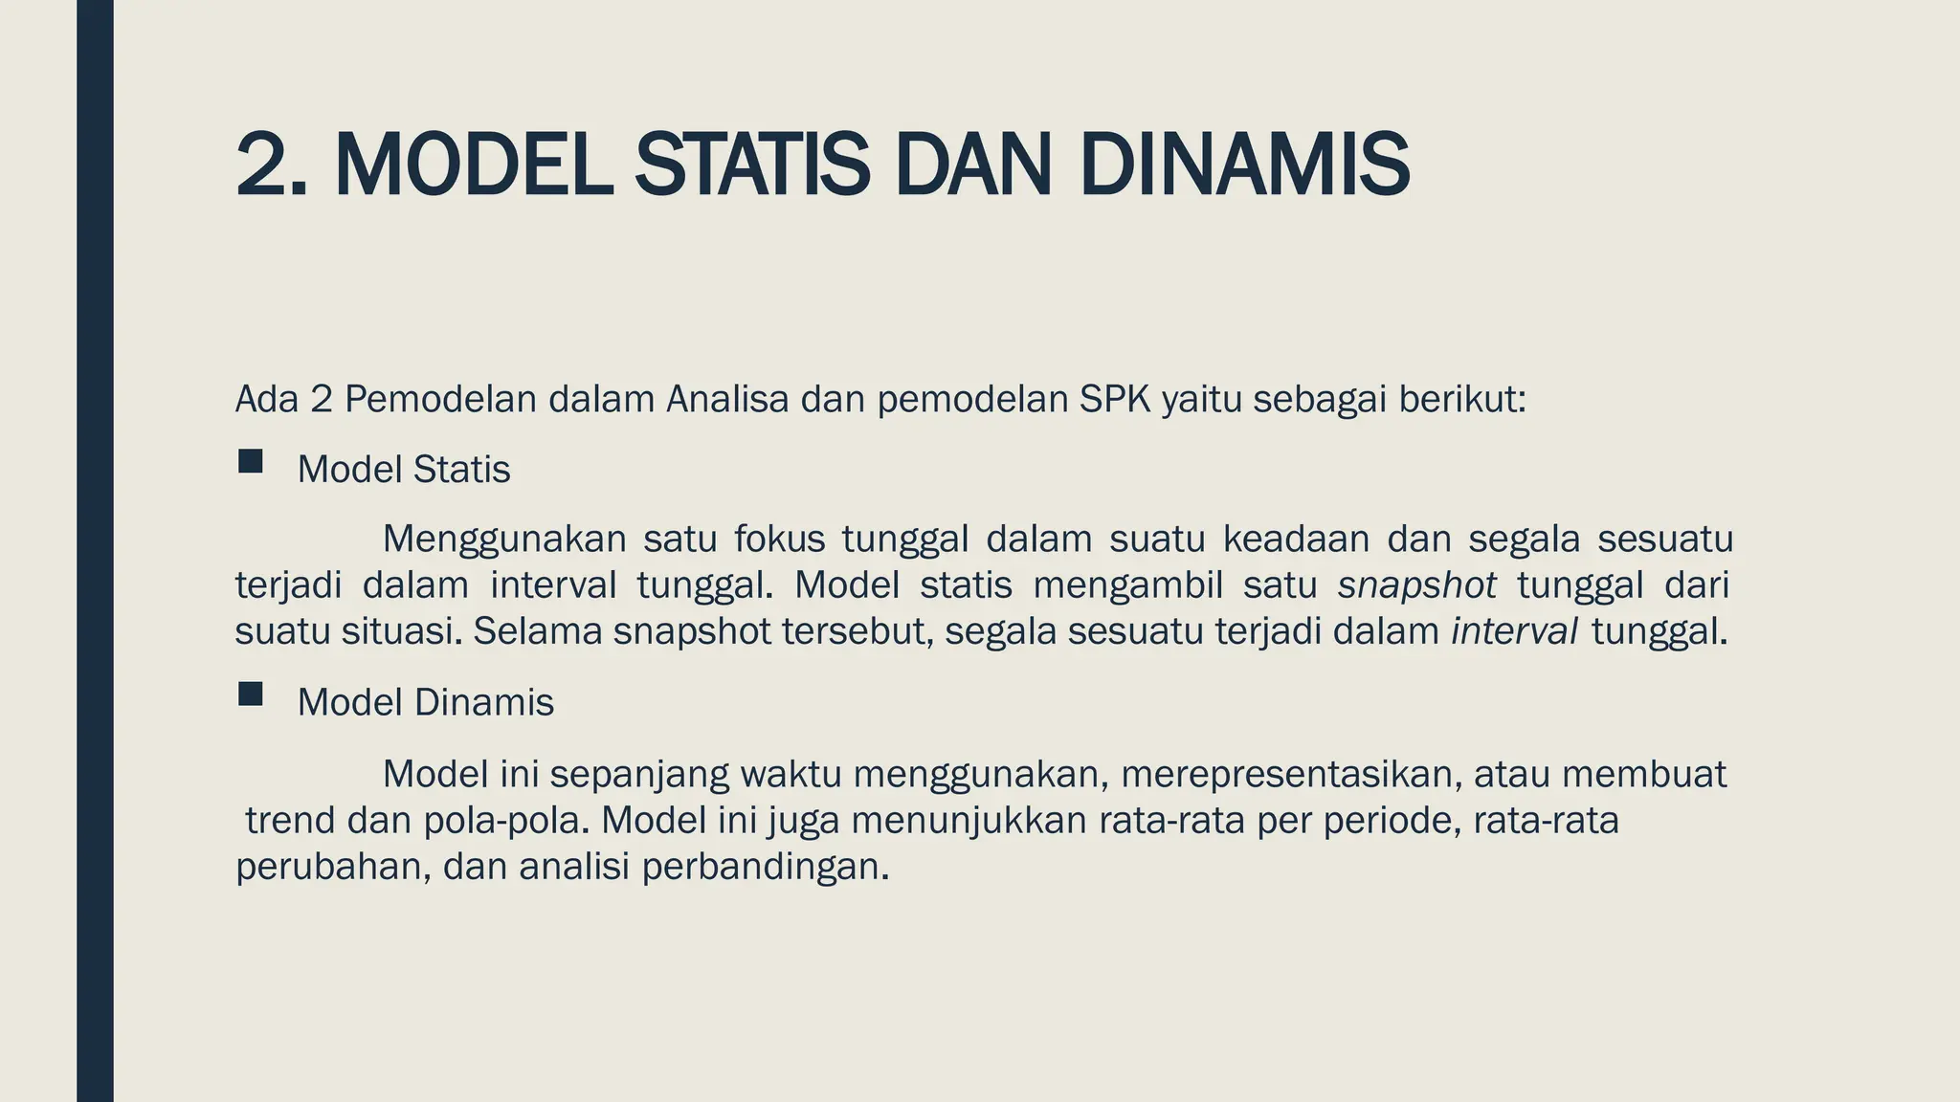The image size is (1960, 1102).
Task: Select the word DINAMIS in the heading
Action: pos(1244,165)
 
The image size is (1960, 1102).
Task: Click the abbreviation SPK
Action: pos(1115,399)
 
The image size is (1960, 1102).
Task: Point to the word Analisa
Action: pos(727,399)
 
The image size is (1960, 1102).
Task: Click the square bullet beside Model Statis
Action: pos(251,462)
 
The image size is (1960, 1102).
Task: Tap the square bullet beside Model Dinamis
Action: pos(251,694)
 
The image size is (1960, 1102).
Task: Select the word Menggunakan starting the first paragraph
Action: pos(504,540)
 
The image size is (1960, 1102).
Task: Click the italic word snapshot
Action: pos(1417,585)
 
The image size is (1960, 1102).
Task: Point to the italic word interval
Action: pos(1515,631)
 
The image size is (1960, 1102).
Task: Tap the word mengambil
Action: pos(1128,585)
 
